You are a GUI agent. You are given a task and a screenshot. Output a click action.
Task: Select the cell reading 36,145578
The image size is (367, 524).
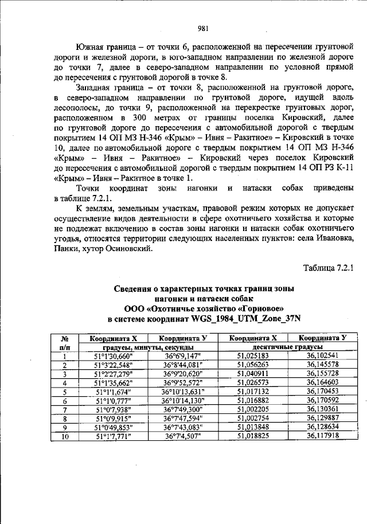(x=322, y=365)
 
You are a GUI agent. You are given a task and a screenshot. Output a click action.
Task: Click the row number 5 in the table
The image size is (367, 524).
(x=65, y=392)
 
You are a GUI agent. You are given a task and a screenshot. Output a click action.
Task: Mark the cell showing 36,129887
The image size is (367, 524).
(x=322, y=419)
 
